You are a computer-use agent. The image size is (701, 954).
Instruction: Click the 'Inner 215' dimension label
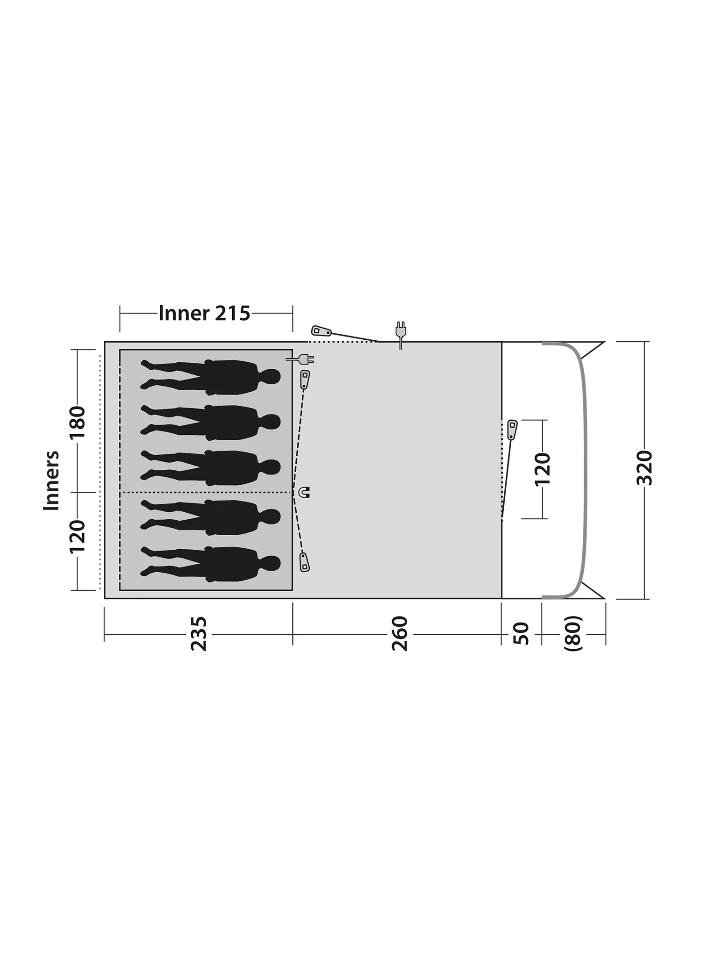coord(204,313)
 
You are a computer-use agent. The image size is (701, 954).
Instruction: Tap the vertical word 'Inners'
coord(51,480)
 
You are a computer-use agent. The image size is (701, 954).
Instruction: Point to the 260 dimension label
coord(401,634)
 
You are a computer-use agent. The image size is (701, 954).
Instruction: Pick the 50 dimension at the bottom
coord(522,634)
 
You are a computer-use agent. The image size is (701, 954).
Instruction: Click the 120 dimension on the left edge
coord(78,537)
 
